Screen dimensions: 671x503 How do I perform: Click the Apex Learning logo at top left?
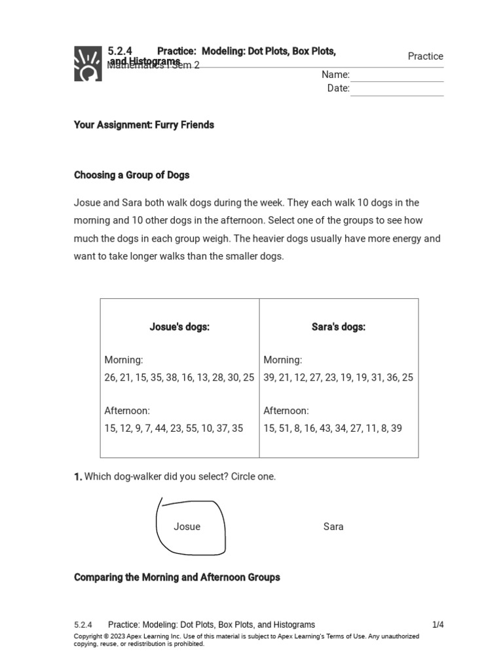pos(88,64)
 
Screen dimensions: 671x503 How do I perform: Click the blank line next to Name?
pos(397,75)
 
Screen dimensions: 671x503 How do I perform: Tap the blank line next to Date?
pos(397,89)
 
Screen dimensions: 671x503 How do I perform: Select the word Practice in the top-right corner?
pos(425,56)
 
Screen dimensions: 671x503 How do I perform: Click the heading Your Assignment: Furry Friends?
pos(144,125)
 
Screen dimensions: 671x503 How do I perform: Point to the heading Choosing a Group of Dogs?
pos(132,175)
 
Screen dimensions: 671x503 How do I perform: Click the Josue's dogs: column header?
pos(179,327)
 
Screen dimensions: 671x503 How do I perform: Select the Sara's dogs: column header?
pos(339,327)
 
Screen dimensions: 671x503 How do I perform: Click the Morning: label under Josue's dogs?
pos(124,360)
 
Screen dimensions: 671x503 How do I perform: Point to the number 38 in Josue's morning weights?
pos(172,377)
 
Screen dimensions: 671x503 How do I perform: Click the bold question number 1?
pos(77,477)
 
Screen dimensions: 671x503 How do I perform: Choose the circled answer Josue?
pos(187,527)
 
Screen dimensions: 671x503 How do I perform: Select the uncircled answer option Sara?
pos(333,527)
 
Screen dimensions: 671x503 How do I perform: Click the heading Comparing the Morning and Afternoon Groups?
pos(177,577)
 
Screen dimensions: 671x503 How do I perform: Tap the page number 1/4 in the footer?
pos(438,625)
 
